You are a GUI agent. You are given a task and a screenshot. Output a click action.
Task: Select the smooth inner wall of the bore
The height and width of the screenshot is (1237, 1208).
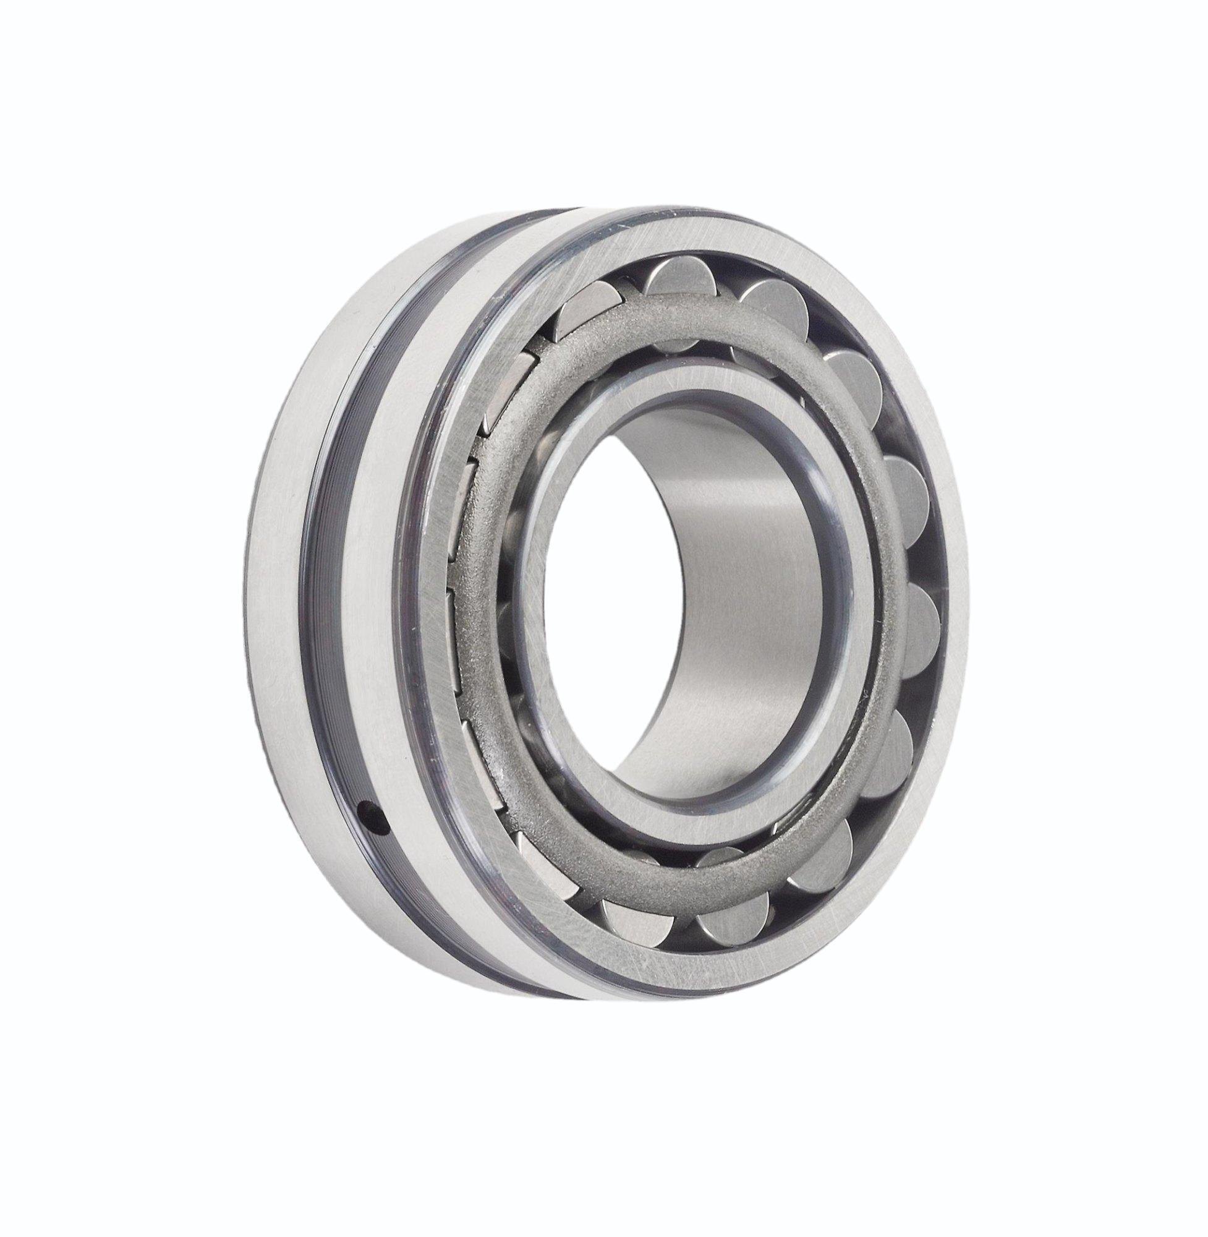click(x=729, y=603)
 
